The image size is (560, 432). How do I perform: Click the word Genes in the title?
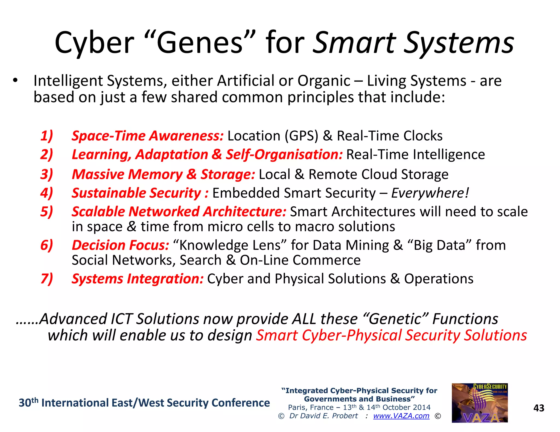coord(200,43)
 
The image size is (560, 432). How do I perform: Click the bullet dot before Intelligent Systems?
coord(15,80)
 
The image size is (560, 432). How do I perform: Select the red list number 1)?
coord(46,136)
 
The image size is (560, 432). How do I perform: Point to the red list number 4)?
coord(46,193)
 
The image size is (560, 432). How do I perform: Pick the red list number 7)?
coord(46,279)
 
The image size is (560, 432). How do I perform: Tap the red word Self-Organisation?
coord(284,155)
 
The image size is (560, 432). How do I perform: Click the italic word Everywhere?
coord(430,193)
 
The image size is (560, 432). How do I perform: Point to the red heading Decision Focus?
coord(120,245)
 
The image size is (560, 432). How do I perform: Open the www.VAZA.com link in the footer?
coord(401,416)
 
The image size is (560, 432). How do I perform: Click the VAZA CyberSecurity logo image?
coord(480,403)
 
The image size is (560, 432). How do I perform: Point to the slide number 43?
coord(539,408)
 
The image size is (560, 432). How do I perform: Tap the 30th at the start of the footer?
coord(28,403)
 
